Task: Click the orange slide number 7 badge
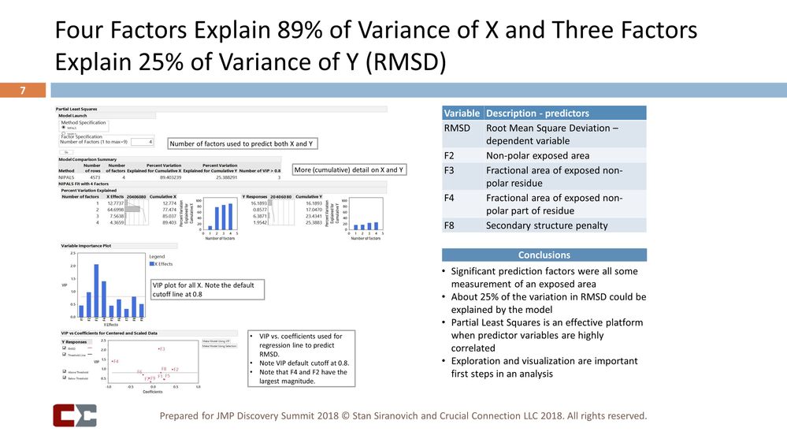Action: click(x=24, y=91)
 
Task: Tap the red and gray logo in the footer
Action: click(x=75, y=415)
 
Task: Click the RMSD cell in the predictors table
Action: click(x=458, y=127)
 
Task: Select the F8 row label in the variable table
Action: click(x=451, y=225)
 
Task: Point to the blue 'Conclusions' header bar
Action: click(x=544, y=255)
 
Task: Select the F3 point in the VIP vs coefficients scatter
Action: click(x=161, y=348)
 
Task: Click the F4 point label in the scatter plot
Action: click(x=115, y=361)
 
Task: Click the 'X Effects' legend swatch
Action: click(x=151, y=264)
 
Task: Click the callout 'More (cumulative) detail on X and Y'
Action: click(x=349, y=169)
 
